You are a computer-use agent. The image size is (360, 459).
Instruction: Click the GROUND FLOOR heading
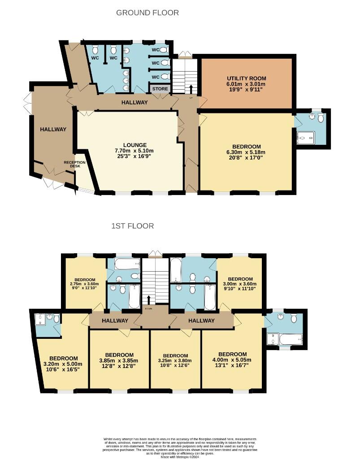[147, 13]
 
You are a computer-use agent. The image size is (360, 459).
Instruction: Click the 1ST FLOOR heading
[132, 226]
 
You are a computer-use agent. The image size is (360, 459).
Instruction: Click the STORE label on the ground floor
[160, 89]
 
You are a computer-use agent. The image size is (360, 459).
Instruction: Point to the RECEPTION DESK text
[74, 165]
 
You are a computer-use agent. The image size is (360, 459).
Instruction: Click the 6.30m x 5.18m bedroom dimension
[247, 152]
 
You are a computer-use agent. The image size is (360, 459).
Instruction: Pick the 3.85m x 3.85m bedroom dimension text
[118, 360]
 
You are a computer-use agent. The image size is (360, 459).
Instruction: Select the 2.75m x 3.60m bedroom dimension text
[85, 284]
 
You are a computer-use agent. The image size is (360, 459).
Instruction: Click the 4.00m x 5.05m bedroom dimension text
[232, 360]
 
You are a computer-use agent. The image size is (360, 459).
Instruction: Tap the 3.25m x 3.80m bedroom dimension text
[175, 360]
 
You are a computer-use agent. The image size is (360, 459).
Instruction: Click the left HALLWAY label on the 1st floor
[115, 320]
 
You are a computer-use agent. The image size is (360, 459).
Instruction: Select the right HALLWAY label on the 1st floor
[201, 320]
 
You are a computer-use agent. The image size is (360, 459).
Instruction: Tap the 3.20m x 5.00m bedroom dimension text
[63, 364]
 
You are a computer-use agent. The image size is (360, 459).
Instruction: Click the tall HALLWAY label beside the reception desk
[53, 129]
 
